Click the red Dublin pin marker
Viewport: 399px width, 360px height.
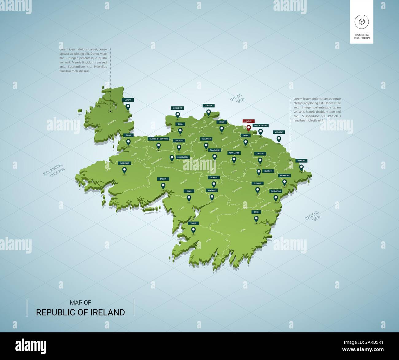(x=249, y=128)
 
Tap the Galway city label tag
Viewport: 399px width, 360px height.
(x=163, y=179)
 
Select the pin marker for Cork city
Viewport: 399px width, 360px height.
(x=256, y=219)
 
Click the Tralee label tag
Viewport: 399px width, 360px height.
(x=193, y=223)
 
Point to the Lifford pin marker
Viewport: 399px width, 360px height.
(x=128, y=107)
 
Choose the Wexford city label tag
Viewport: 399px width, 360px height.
(x=301, y=161)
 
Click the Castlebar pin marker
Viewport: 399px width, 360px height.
(x=124, y=170)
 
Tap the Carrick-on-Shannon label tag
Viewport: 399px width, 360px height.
(x=158, y=139)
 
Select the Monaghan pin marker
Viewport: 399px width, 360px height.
(x=177, y=115)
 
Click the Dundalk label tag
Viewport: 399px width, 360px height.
(x=209, y=106)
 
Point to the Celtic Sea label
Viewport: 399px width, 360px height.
(x=312, y=216)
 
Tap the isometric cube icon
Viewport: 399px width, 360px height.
(x=362, y=21)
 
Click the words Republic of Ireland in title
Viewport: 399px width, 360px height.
(x=80, y=312)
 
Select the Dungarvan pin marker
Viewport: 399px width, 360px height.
(x=276, y=198)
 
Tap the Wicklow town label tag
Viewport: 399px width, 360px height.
(x=279, y=132)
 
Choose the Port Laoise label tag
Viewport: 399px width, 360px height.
(x=234, y=153)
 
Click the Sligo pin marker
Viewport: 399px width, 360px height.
(x=128, y=142)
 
